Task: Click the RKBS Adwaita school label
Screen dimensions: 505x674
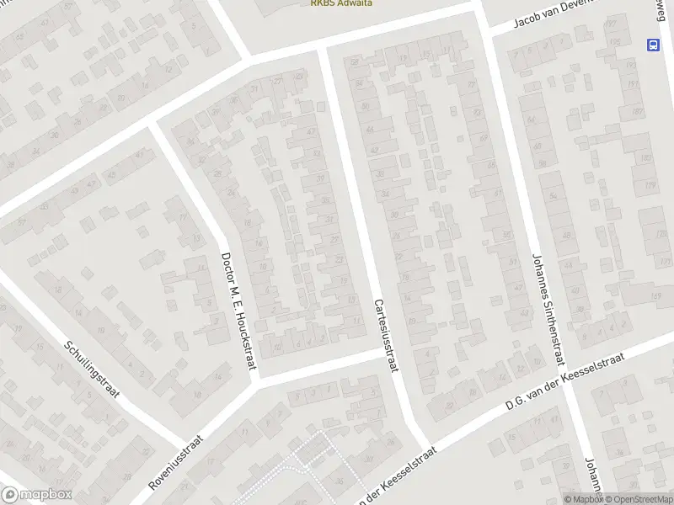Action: [340, 3]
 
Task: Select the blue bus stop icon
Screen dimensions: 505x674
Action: [653, 44]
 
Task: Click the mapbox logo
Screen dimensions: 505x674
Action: [36, 495]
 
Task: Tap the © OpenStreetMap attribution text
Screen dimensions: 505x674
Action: [637, 499]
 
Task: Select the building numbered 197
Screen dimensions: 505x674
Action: [611, 23]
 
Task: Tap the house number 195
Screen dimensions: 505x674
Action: [615, 41]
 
